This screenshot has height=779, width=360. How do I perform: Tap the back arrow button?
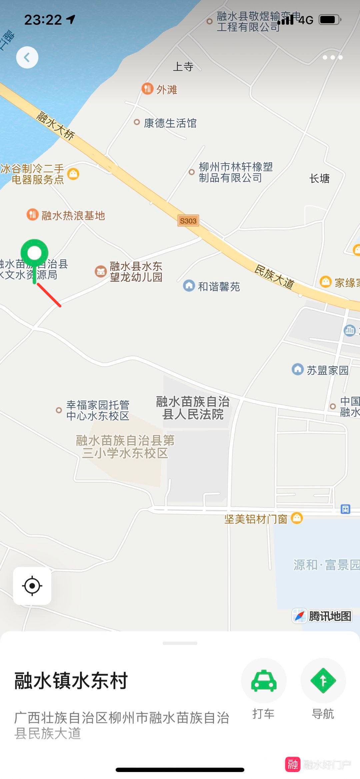[x=27, y=57]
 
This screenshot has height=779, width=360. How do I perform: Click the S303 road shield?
[x=188, y=221]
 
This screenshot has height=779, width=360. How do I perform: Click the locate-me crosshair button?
[x=32, y=586]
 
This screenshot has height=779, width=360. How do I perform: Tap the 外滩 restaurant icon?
[x=147, y=89]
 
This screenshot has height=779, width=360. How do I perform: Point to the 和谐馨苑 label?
[x=219, y=286]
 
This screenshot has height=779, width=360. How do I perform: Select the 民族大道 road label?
[x=274, y=276]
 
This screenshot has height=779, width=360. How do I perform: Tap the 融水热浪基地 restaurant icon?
[x=32, y=214]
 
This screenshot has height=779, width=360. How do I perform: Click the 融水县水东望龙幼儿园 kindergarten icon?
[x=100, y=271]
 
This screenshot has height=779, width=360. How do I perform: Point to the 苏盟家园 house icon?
[x=297, y=369]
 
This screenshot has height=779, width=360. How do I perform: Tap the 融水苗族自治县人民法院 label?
[x=193, y=408]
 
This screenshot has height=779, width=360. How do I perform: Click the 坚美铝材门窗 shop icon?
[x=297, y=518]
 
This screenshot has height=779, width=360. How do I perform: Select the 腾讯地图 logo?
[x=323, y=616]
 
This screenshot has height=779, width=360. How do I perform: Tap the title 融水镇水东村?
[x=71, y=680]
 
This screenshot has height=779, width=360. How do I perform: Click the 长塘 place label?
[x=319, y=179]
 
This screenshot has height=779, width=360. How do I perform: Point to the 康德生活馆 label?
[x=170, y=123]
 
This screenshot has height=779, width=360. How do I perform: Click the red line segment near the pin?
[x=49, y=295]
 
